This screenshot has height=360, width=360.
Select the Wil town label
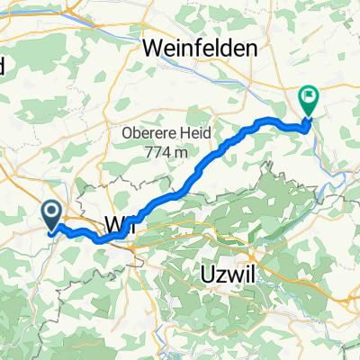120,225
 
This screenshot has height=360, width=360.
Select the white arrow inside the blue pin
52,211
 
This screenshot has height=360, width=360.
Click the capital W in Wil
112,225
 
